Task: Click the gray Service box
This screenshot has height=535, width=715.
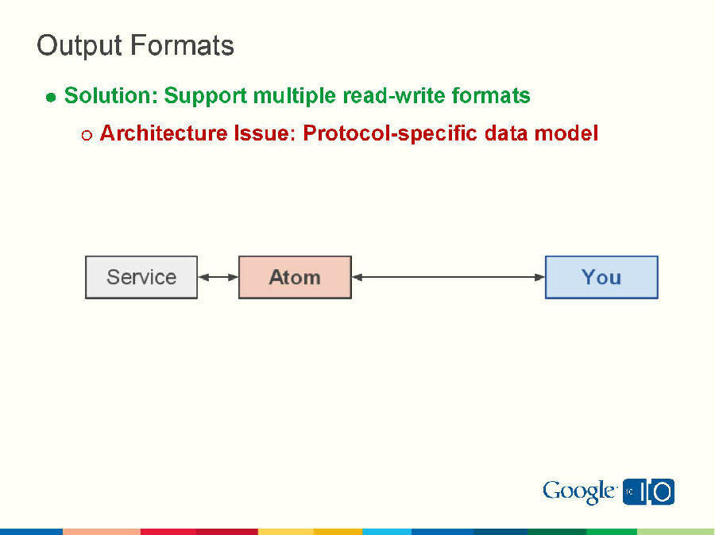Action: pos(141,277)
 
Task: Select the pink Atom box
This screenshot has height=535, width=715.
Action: pos(295,277)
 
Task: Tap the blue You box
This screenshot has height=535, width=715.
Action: pos(601,277)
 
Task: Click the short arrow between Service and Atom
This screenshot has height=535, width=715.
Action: pos(218,277)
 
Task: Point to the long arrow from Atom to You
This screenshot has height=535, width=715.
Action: pos(448,277)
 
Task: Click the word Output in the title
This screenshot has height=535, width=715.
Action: pos(80,46)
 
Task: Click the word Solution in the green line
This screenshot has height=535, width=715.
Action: pos(110,96)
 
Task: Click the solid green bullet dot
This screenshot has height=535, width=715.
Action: pos(51,98)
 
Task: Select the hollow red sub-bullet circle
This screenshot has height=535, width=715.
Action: pos(87,135)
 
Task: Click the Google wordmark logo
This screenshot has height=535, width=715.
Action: pos(579,492)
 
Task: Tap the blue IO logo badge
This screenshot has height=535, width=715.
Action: pos(649,492)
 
